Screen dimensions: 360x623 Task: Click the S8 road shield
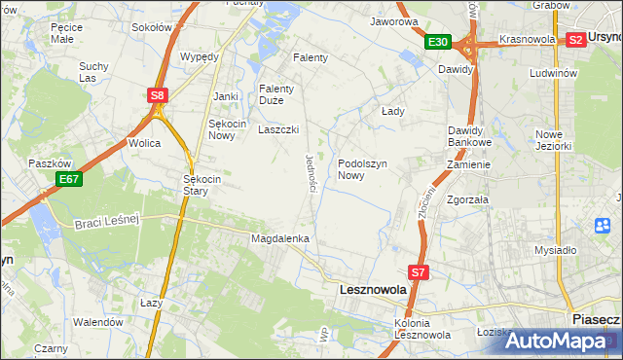(x=158, y=95)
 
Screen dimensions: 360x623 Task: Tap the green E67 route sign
(x=68, y=179)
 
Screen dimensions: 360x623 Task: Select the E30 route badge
(x=437, y=42)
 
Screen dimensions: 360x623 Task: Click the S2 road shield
(x=575, y=40)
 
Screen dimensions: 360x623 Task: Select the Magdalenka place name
(x=280, y=238)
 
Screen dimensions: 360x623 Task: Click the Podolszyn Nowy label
(x=364, y=169)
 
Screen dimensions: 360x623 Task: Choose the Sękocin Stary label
(x=204, y=185)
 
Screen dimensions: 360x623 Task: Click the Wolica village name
(x=144, y=142)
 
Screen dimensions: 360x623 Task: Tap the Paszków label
(x=46, y=163)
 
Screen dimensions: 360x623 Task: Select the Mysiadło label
(x=556, y=249)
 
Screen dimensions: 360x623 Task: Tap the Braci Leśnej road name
(x=107, y=223)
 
